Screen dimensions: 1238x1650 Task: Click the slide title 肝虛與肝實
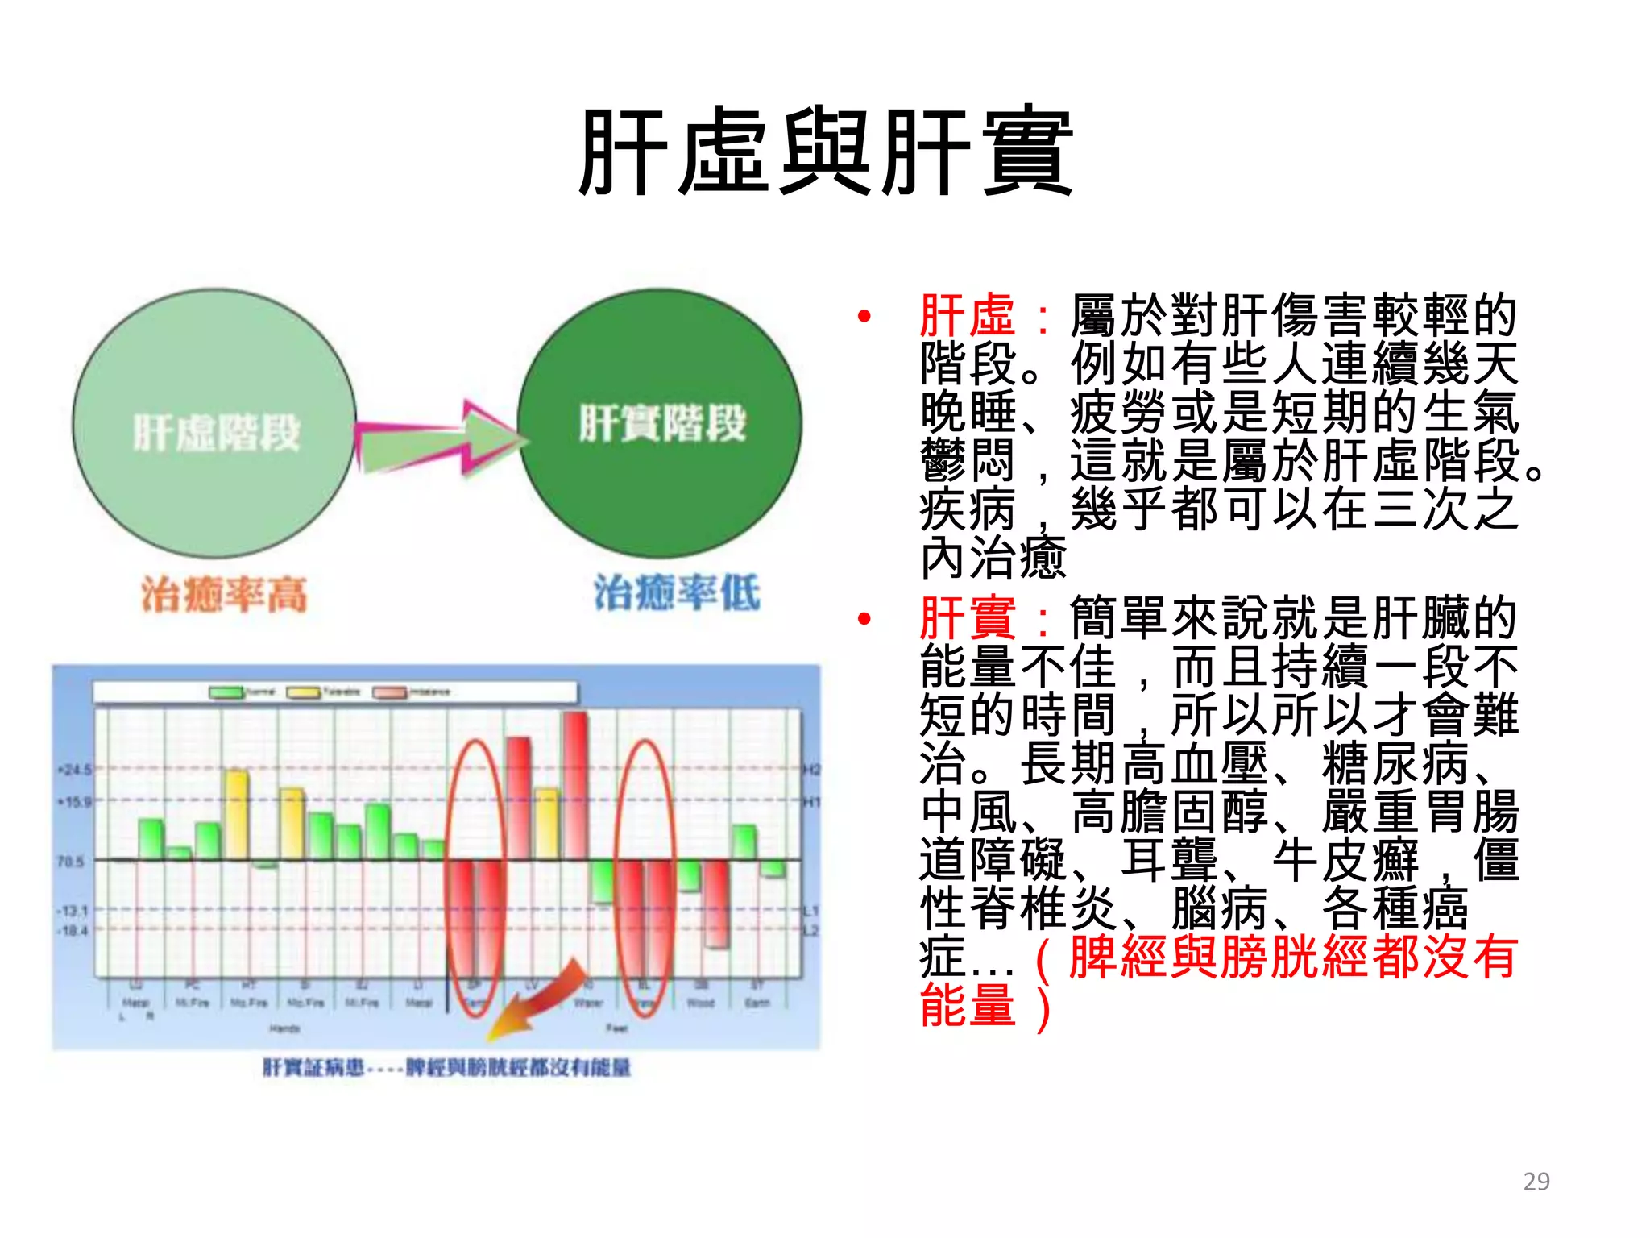(825, 153)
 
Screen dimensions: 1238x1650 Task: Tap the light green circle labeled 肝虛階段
(214, 423)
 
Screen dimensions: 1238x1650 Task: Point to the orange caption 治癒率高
(224, 595)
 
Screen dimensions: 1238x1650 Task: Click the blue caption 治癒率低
(677, 593)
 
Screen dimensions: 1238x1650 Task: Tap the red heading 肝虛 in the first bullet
(967, 316)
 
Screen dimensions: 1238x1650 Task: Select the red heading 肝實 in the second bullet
(967, 618)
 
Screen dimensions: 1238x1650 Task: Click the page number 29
(1536, 1181)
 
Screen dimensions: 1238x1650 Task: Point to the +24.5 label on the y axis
(74, 770)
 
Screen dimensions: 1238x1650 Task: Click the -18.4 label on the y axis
(72, 930)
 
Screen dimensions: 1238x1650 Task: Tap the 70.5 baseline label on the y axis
(71, 862)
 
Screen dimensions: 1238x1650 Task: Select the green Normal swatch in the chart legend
(226, 692)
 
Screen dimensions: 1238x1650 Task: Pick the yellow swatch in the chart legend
(304, 692)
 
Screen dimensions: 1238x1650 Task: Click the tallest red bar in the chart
(575, 786)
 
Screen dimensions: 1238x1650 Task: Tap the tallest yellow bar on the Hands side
(236, 814)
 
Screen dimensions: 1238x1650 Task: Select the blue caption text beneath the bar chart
(447, 1068)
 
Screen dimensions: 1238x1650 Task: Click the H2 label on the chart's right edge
(811, 771)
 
